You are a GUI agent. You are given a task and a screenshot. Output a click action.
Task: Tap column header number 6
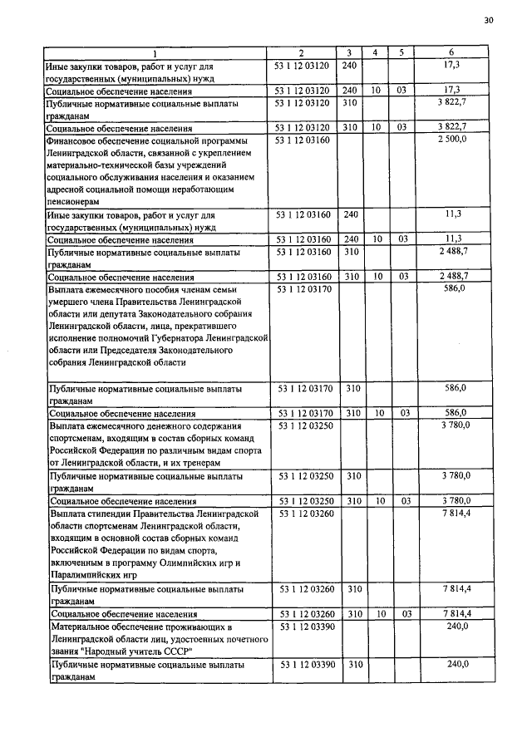point(454,53)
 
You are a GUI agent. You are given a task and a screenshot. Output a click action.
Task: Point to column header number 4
point(377,53)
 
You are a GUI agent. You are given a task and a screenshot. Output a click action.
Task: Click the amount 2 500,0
point(453,141)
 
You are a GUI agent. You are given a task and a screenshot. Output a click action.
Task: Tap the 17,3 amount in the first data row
point(453,63)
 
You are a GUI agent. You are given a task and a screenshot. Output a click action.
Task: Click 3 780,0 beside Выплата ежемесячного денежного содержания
point(455,425)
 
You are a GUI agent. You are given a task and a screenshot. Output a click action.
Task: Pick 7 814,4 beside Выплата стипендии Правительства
point(455,514)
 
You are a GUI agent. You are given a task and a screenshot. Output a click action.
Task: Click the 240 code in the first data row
point(349,64)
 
